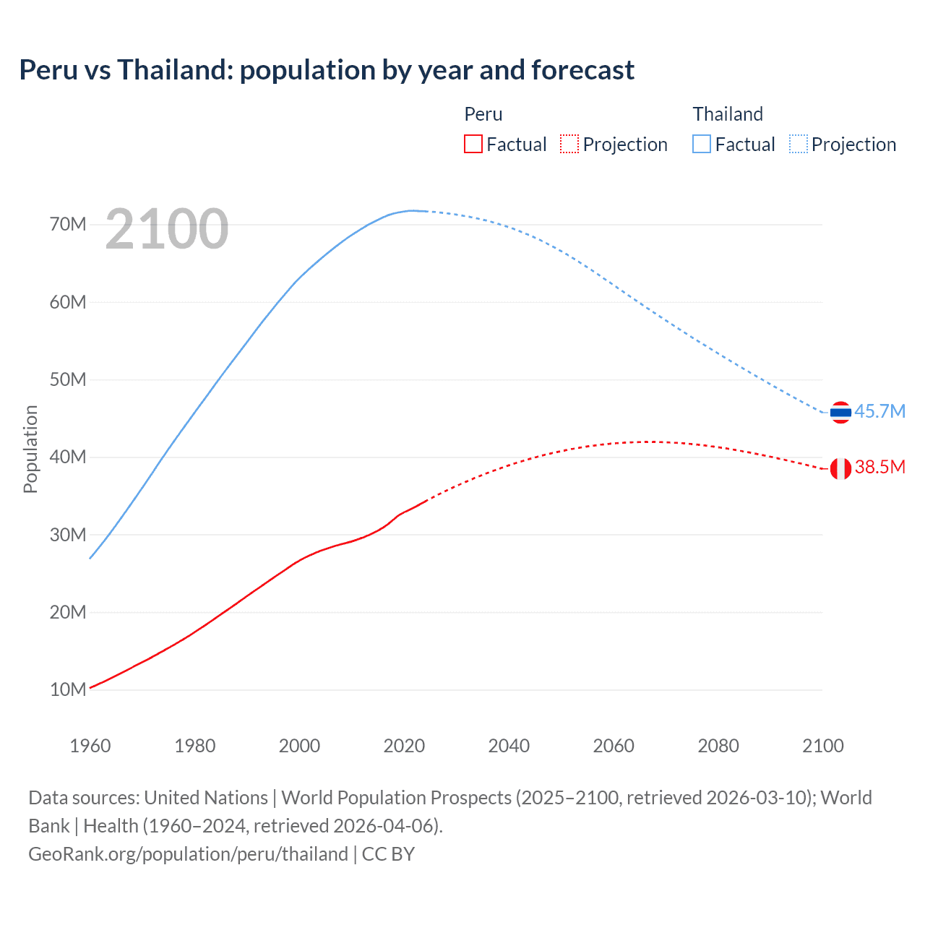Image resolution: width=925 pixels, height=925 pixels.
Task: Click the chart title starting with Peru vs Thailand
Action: (327, 70)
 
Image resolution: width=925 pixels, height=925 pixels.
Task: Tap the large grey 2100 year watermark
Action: (167, 229)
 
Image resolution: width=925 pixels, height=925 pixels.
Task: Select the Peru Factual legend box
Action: (473, 144)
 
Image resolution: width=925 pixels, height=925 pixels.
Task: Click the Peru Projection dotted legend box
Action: (569, 144)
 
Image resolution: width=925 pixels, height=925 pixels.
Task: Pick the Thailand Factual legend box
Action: (702, 144)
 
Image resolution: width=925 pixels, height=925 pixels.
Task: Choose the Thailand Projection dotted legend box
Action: (799, 144)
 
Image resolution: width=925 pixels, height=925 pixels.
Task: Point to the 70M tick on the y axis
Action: (68, 224)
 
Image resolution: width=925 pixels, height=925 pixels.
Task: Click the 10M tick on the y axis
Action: (68, 689)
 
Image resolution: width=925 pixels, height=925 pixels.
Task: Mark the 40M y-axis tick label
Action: (68, 457)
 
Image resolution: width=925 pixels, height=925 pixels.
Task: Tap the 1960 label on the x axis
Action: (90, 746)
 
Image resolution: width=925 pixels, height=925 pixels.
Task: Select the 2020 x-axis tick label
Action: (404, 746)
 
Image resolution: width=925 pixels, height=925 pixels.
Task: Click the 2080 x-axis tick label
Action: (718, 746)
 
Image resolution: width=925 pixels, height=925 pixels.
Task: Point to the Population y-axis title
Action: (30, 449)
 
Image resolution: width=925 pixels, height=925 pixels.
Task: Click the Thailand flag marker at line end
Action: (840, 413)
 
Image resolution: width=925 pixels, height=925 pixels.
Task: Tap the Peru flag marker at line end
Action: (840, 469)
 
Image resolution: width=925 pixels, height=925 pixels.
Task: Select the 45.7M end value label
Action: (879, 411)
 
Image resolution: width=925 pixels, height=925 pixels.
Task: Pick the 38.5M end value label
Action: (879, 467)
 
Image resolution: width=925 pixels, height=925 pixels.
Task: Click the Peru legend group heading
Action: (483, 114)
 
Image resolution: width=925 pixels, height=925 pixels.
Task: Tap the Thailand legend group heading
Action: (728, 114)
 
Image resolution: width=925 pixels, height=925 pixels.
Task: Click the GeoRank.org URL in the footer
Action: (188, 854)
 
